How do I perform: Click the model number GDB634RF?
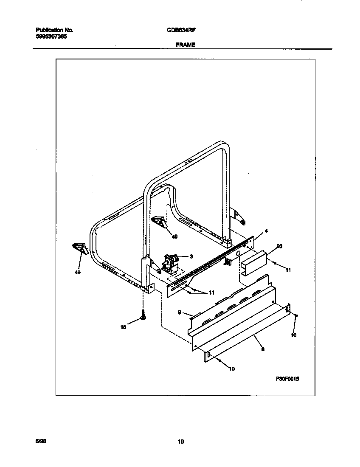[x=181, y=30]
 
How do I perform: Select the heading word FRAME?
[x=186, y=45]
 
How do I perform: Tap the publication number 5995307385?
[x=51, y=37]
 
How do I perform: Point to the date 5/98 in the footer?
[x=40, y=442]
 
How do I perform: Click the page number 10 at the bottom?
[x=180, y=442]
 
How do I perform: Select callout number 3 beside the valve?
[x=191, y=256]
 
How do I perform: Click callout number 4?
[x=266, y=231]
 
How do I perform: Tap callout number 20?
[x=279, y=246]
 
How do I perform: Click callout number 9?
[x=180, y=312]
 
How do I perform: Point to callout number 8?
[x=263, y=349]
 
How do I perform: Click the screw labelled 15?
[x=143, y=316]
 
